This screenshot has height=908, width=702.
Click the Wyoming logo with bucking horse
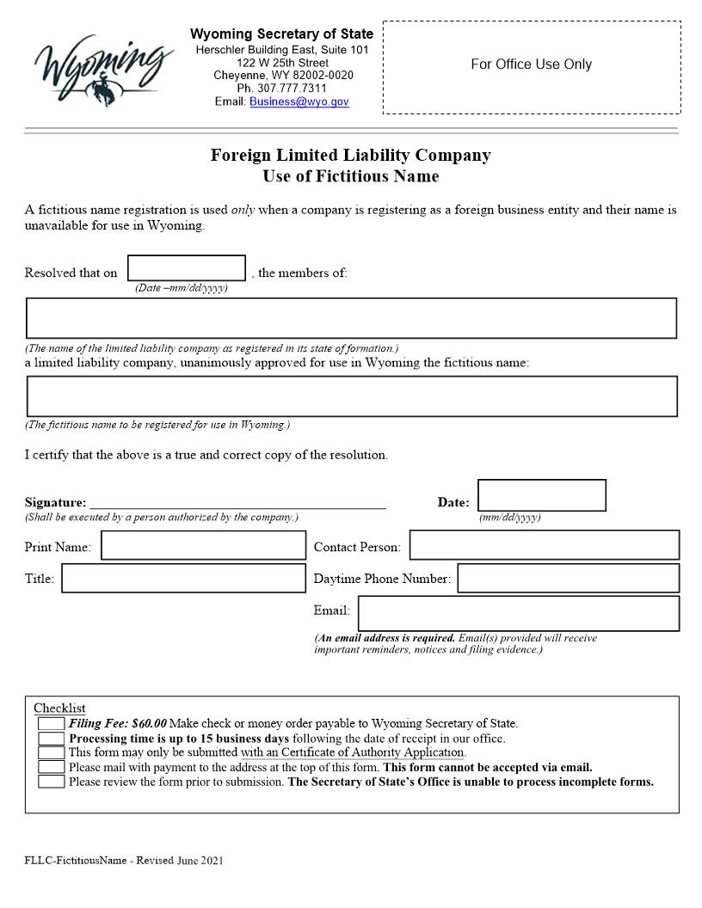(102, 69)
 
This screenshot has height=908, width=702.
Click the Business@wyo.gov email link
(299, 101)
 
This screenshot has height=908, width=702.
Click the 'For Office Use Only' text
(531, 64)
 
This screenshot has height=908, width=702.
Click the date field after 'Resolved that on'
(187, 268)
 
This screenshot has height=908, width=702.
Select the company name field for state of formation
(351, 318)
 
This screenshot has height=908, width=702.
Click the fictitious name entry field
(351, 396)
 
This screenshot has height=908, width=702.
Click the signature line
(237, 502)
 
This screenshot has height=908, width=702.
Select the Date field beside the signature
(541, 495)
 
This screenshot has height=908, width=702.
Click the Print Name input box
(204, 545)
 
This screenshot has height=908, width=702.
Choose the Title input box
(183, 578)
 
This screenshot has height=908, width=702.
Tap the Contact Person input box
(544, 545)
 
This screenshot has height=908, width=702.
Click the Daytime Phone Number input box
(568, 578)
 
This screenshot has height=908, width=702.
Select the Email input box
(518, 613)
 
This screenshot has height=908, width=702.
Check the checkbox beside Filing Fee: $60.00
(51, 724)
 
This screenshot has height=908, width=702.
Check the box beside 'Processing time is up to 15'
(51, 739)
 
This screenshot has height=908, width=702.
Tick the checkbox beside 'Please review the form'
(51, 782)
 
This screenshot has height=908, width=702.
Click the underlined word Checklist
(59, 709)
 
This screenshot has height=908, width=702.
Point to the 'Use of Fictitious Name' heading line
(351, 176)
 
